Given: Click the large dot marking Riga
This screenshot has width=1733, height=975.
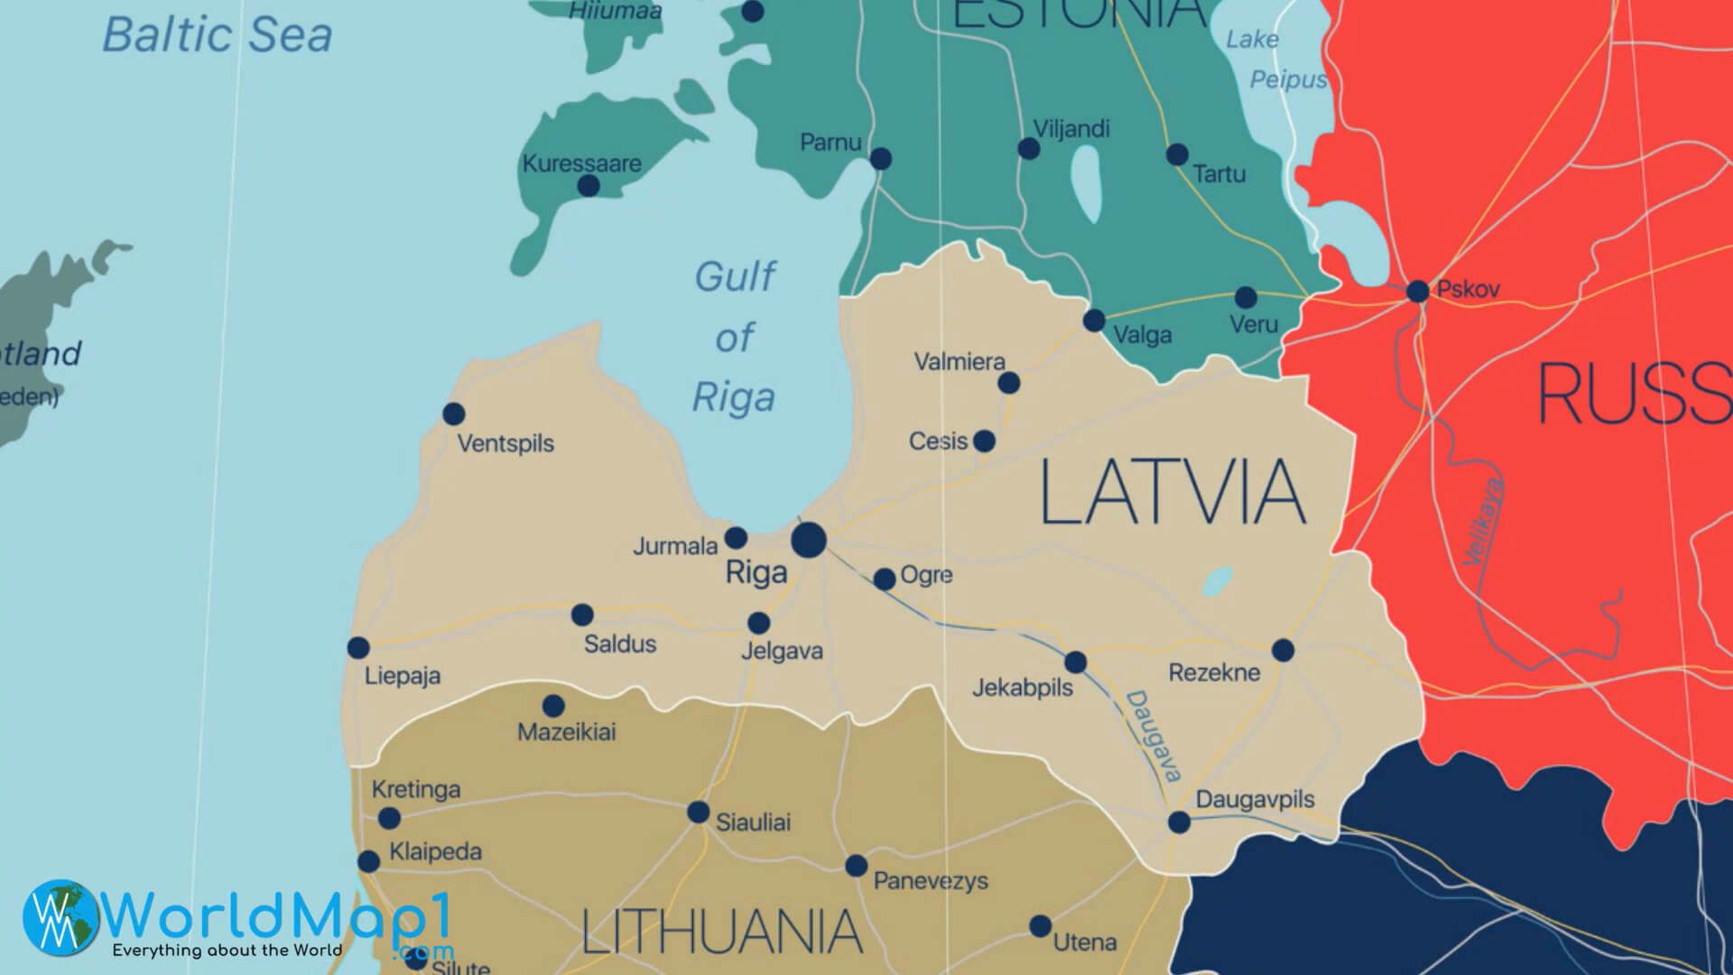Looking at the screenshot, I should click(x=809, y=541).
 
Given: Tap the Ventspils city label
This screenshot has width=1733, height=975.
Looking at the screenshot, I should click(x=505, y=443).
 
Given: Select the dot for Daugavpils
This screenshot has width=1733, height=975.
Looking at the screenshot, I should click(x=1179, y=822).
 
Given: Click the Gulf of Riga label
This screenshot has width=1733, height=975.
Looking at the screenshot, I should click(x=735, y=337).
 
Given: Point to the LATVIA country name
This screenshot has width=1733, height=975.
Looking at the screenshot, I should click(x=1172, y=493).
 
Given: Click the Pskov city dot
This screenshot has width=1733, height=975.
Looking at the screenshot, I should click(x=1418, y=292).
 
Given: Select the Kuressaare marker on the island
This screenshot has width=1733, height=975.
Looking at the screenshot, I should click(x=588, y=186).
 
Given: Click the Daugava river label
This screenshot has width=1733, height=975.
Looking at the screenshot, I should click(x=1154, y=736).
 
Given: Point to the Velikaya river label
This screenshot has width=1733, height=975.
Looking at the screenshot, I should click(x=1484, y=521).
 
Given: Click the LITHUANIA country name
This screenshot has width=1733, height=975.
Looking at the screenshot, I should click(x=722, y=933).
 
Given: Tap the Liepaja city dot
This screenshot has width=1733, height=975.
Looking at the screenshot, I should click(x=358, y=647).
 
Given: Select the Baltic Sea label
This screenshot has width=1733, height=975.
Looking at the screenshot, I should click(x=217, y=35).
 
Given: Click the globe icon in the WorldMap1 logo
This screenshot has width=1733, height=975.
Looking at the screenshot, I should click(x=61, y=918).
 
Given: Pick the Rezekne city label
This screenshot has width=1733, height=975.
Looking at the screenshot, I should click(x=1214, y=673).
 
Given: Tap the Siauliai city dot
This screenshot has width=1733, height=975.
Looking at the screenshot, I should click(x=698, y=812).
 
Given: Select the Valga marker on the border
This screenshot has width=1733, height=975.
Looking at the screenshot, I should click(x=1094, y=320).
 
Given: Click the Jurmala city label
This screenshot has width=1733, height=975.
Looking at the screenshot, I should click(x=675, y=546).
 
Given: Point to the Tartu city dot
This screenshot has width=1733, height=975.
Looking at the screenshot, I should click(x=1177, y=154).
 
